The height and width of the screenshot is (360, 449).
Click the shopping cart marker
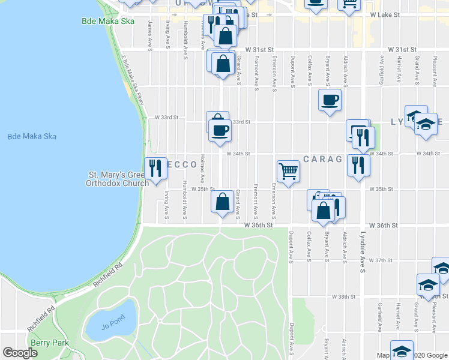288,172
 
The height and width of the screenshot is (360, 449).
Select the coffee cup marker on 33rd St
220,130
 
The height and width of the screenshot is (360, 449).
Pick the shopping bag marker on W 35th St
222,202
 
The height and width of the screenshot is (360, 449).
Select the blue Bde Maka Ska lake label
32,136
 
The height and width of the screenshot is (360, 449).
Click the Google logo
20,353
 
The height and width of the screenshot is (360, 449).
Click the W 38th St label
345,297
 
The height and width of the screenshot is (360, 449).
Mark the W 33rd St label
167,118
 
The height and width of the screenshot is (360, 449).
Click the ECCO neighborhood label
181,164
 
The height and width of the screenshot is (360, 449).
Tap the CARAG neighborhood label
322,159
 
